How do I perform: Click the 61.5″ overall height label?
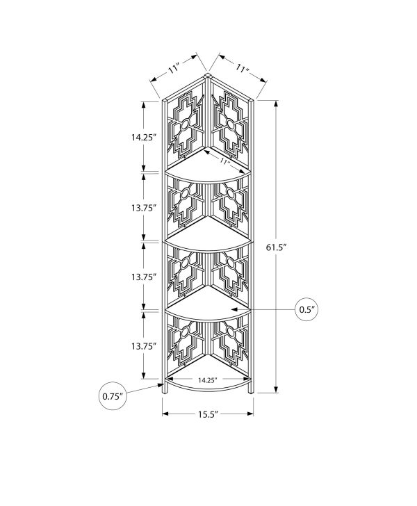pyautogui.click(x=277, y=247)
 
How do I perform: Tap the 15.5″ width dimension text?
pyautogui.click(x=207, y=414)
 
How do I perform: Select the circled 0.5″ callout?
pyautogui.click(x=307, y=309)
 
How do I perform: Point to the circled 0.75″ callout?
pyautogui.click(x=113, y=396)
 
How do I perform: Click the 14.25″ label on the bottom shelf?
pyautogui.click(x=207, y=380)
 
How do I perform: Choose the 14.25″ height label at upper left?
pyautogui.click(x=144, y=137)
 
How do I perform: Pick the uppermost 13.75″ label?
pyautogui.click(x=144, y=208)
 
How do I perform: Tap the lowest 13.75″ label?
pyautogui.click(x=144, y=346)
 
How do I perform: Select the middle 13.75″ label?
pyautogui.click(x=144, y=277)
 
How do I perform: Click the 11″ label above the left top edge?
pyautogui.click(x=174, y=69)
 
